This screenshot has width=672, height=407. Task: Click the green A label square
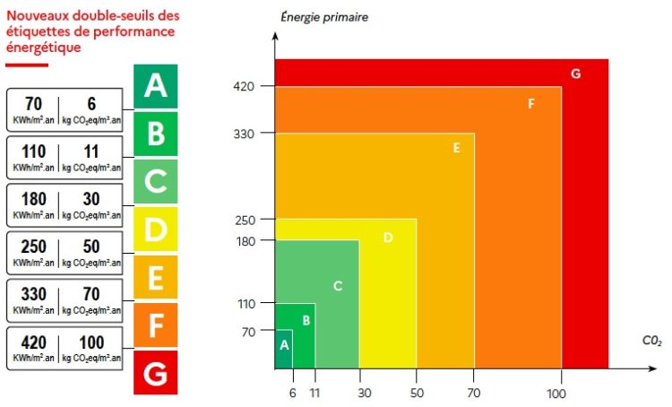point(155,86)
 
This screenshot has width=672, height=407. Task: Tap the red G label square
point(155,373)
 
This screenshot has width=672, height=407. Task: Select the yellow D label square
point(155,229)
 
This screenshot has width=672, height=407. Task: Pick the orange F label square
point(155,325)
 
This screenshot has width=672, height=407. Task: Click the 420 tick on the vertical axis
point(245,86)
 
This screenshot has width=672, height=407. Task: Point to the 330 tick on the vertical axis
point(245,134)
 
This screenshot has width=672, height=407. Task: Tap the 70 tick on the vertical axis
point(248,332)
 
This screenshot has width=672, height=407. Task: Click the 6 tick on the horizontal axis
point(292,392)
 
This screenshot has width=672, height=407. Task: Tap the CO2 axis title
point(650,341)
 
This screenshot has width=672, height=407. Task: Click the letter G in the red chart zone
point(575,74)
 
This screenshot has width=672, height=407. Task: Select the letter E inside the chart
point(456,148)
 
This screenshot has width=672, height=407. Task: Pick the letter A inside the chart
point(284,344)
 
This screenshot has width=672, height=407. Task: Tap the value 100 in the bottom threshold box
point(91,342)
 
